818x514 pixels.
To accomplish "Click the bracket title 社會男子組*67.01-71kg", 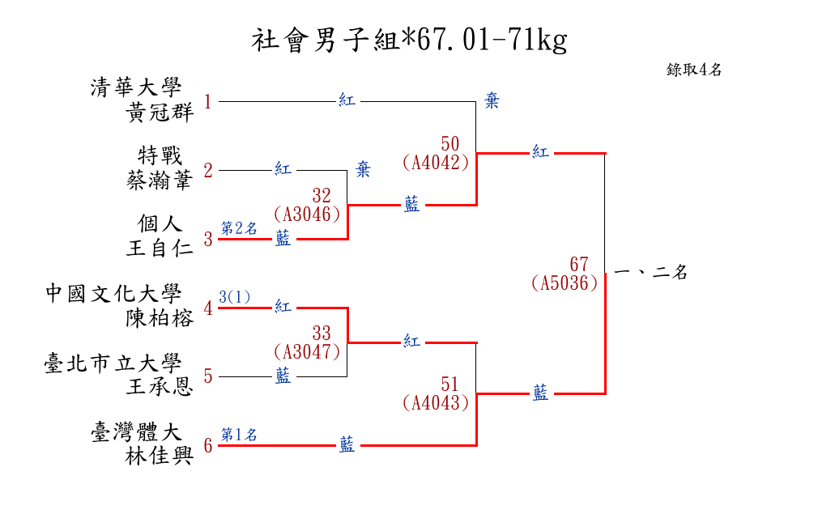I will coord(409,40).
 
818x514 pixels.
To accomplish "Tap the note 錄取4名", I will coord(694,70).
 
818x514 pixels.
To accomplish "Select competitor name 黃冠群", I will coord(160,113).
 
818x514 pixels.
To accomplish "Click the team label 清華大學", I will coord(137,87).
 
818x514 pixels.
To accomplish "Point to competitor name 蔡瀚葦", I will coord(160,181).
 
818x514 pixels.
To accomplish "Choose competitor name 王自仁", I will coord(160,249).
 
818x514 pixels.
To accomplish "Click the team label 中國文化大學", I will coord(114,292).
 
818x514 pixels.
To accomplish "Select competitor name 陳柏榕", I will coord(160,318).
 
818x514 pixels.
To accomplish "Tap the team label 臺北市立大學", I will coord(114,363).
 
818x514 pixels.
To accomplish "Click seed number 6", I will coord(208,446).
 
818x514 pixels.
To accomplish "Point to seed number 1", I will coord(208,102).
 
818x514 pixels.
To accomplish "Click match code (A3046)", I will coord(306,215).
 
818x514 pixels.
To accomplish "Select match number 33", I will coord(322,333).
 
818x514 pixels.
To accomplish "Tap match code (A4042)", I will coord(436,162).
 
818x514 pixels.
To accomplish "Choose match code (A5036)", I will coord(565,283).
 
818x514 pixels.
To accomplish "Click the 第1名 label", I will coord(239,435).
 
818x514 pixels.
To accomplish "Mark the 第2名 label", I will coord(239,228).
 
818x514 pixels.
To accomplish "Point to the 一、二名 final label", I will coord(650,274).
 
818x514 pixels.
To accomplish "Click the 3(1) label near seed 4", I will coord(235,297).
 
